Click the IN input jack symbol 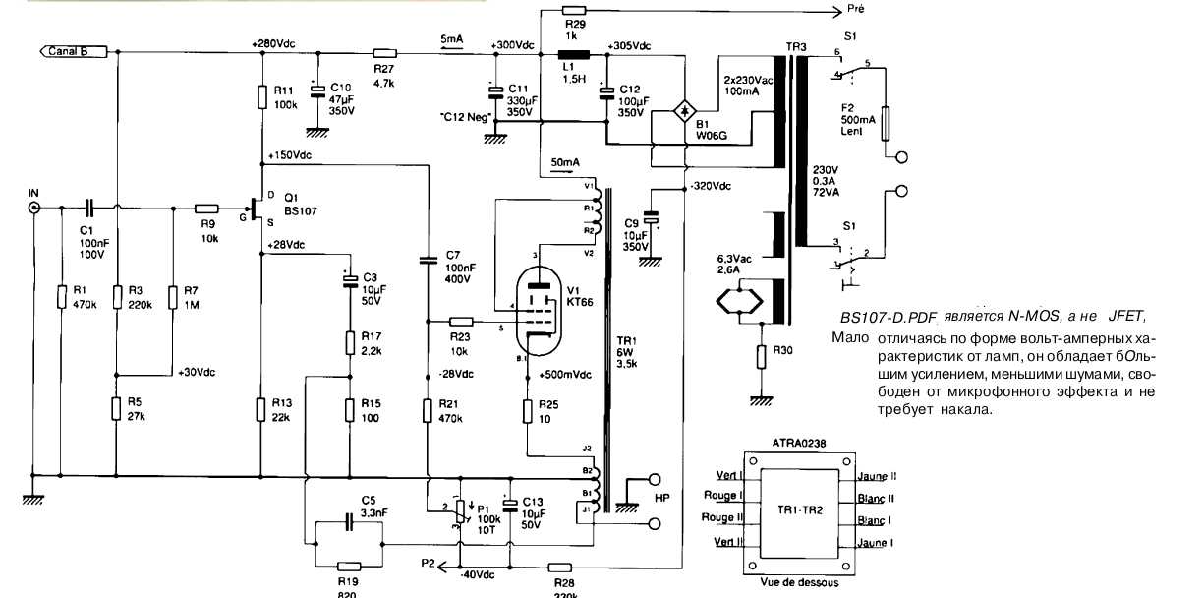click(x=34, y=209)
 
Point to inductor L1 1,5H click(x=572, y=55)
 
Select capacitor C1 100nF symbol click(x=89, y=209)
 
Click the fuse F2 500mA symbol click(x=888, y=124)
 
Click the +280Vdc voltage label click(x=272, y=43)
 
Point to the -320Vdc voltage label click(x=711, y=187)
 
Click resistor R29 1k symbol click(x=575, y=14)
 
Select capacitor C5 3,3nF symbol click(x=349, y=525)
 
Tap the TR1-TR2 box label click(x=798, y=510)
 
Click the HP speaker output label click(x=661, y=499)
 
